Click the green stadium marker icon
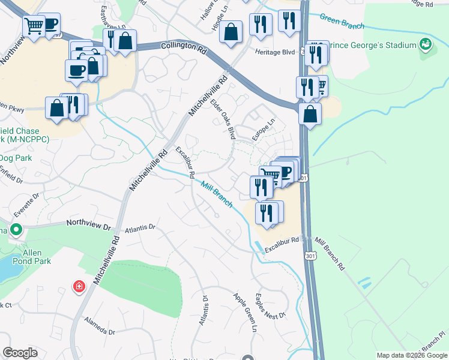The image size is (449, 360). (x=426, y=44)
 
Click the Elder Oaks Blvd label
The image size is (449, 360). (x=222, y=119)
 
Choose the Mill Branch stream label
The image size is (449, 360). (x=216, y=194)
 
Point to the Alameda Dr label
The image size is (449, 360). (x=100, y=328)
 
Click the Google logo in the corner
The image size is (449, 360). (x=20, y=353)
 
